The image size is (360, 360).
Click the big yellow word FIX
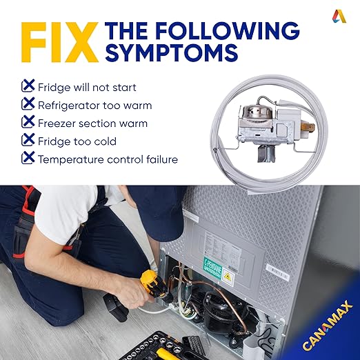(60, 42)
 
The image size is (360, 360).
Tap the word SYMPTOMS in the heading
(171, 52)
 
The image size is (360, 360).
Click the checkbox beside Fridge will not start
(28, 86)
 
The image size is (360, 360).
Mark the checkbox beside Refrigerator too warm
(28, 103)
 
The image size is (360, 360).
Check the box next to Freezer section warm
(28, 121)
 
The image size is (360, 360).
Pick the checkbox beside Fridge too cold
(28, 139)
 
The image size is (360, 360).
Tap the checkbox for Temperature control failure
(28, 157)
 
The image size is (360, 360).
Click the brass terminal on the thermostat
(308, 128)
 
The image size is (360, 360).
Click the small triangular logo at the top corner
(339, 16)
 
